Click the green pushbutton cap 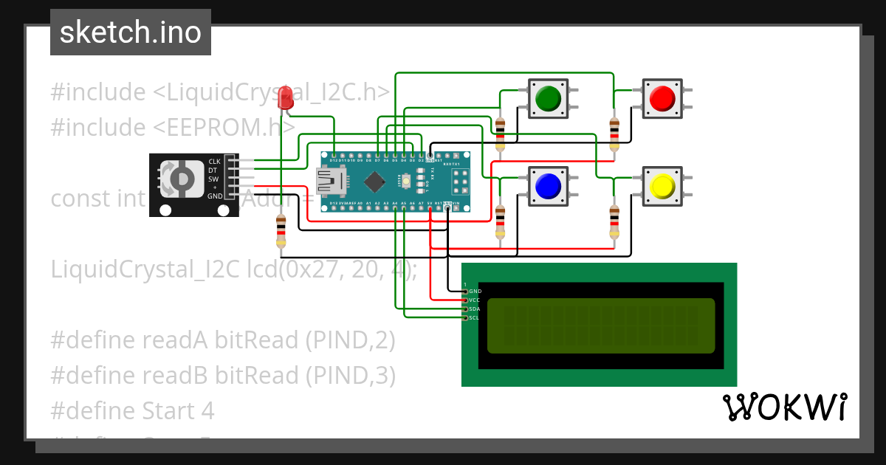[x=547, y=98]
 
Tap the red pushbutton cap [x=661, y=97]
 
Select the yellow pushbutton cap [x=661, y=185]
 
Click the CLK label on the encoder [x=214, y=161]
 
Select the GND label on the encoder [x=214, y=196]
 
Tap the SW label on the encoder [x=213, y=179]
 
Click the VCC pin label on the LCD [x=475, y=300]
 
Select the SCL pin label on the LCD [x=475, y=317]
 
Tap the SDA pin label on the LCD [x=475, y=309]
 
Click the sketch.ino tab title [x=130, y=32]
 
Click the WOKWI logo [x=784, y=407]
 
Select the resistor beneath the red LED [x=280, y=230]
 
